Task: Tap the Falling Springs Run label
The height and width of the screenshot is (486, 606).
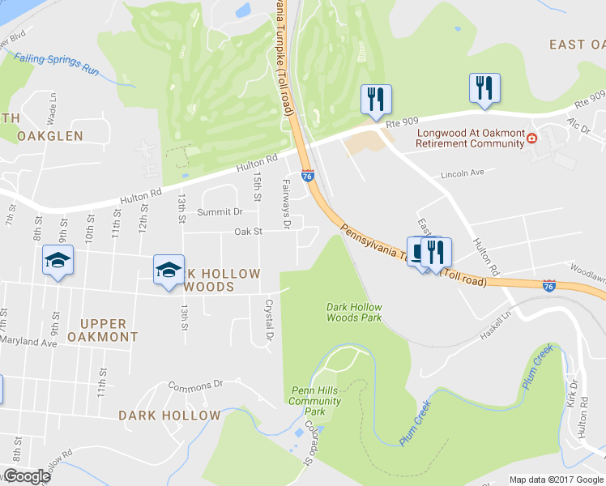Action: point(56,64)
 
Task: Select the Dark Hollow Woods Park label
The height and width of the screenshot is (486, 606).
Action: point(354,312)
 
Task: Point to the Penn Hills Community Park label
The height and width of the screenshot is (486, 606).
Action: point(315,401)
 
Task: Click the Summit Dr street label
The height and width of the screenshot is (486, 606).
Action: point(220,211)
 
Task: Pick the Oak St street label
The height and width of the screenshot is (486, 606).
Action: point(249,232)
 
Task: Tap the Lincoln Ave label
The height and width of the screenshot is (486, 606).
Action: point(462,173)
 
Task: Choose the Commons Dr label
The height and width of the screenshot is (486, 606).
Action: point(194,385)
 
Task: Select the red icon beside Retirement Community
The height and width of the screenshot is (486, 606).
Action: point(532,139)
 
